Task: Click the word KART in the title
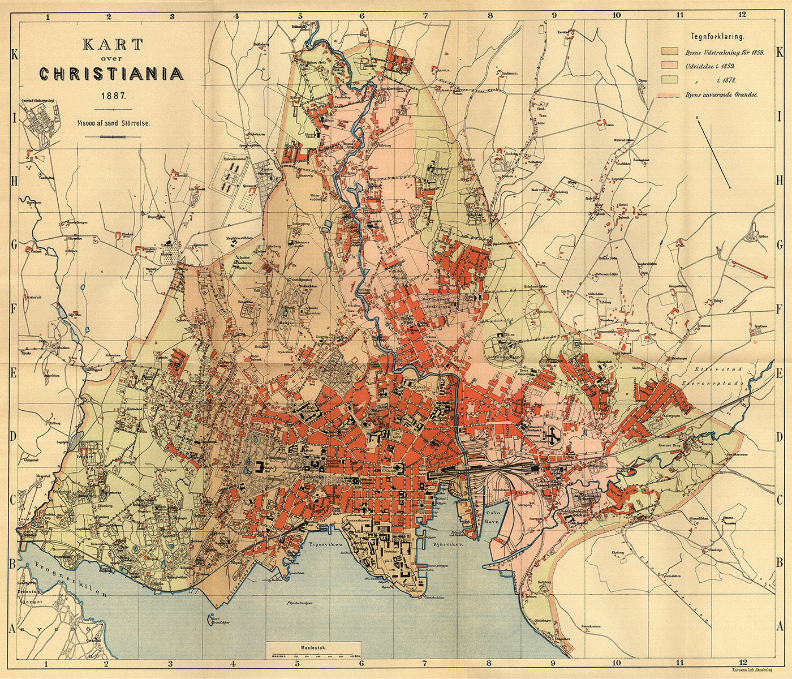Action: (x=111, y=44)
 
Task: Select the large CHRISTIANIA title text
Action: (x=111, y=74)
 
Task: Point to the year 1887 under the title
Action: (x=111, y=96)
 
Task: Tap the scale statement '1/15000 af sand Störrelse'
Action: (x=111, y=122)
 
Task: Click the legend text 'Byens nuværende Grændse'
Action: (x=721, y=96)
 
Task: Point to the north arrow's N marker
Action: (x=699, y=117)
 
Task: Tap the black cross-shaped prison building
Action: (x=554, y=433)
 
